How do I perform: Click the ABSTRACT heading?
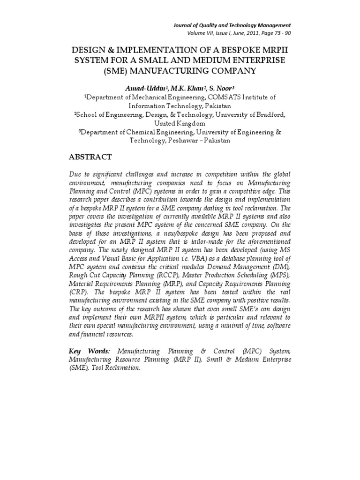point(91,156)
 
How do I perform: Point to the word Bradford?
point(266,115)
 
